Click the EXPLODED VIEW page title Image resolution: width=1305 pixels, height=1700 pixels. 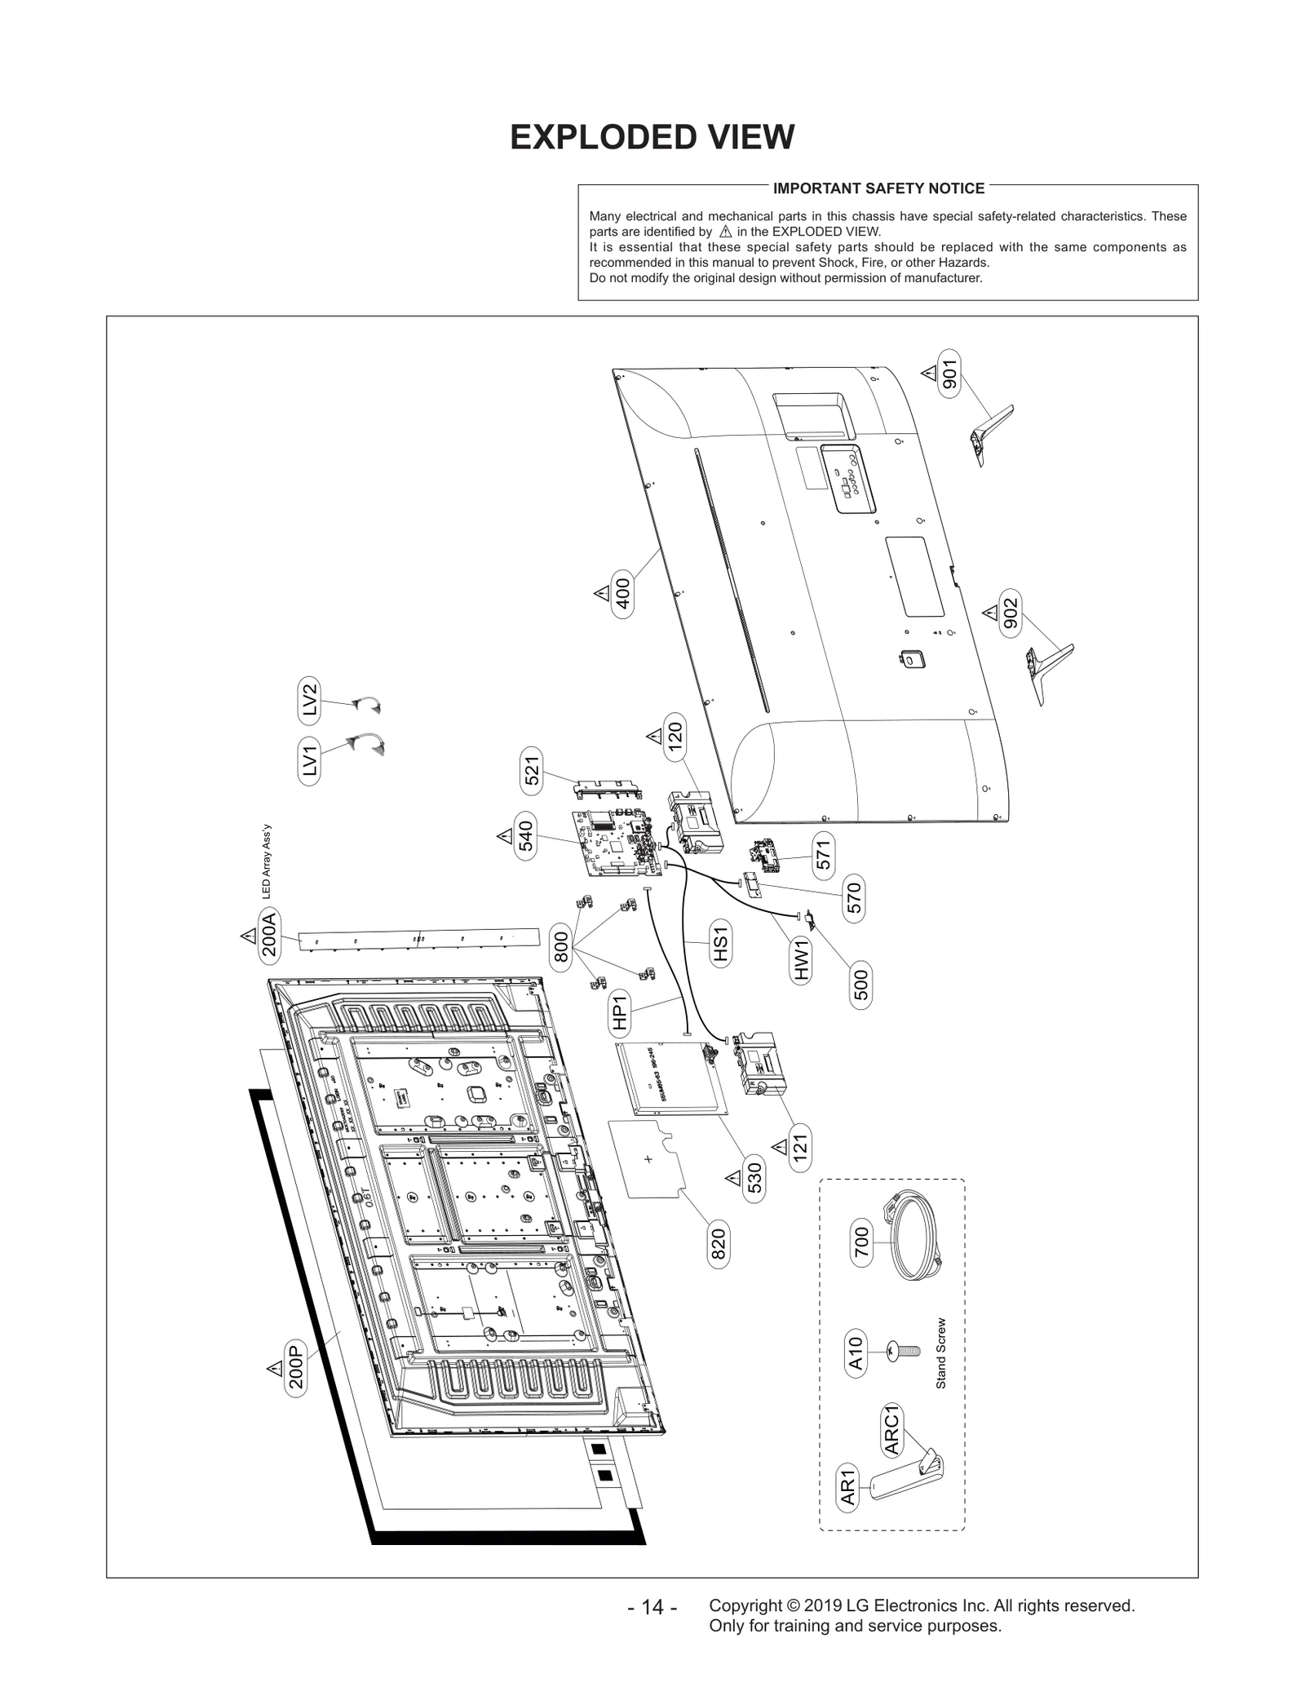click(x=652, y=138)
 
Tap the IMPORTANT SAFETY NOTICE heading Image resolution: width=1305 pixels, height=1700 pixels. click(x=878, y=188)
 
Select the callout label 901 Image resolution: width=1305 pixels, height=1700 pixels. click(x=949, y=374)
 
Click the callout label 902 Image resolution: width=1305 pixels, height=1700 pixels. click(x=1010, y=613)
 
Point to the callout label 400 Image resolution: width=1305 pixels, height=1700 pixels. click(x=622, y=594)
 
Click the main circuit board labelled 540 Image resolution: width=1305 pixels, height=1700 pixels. click(x=617, y=843)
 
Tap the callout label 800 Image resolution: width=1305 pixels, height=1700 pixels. click(x=560, y=946)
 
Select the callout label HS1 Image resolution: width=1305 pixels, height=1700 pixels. click(x=719, y=943)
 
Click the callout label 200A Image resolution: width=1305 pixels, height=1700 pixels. click(x=268, y=935)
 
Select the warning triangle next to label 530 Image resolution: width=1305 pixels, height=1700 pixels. click(x=732, y=1178)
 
